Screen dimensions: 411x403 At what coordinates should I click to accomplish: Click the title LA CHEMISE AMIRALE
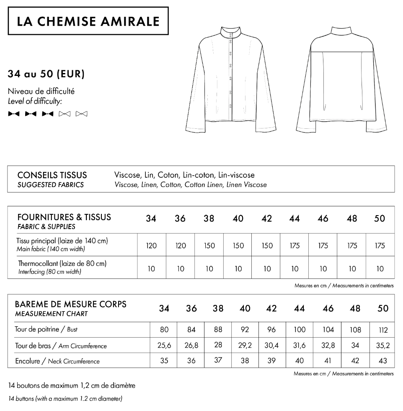pos(88,21)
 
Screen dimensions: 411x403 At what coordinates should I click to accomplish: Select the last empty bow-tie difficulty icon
pos(81,114)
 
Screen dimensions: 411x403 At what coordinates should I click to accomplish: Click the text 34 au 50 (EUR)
pos(46,74)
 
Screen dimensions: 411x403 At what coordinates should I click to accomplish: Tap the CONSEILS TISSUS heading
pos(52,175)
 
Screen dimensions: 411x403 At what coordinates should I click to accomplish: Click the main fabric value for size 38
pos(209,246)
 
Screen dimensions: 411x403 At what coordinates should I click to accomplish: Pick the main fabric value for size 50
pos(380,246)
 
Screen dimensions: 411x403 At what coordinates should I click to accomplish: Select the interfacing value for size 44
pos(294,268)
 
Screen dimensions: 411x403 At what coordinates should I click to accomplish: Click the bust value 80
pos(164,330)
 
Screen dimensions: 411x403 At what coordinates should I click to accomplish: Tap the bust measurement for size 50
pos(383,330)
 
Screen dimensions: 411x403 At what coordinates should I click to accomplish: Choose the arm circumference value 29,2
pos(245,346)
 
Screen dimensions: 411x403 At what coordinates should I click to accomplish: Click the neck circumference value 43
pos(383,361)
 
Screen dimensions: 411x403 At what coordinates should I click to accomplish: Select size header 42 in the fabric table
pos(266,219)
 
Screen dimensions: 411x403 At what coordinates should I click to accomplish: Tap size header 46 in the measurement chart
pos(328,309)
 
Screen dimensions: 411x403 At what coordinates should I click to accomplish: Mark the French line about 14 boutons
pos(72,385)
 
